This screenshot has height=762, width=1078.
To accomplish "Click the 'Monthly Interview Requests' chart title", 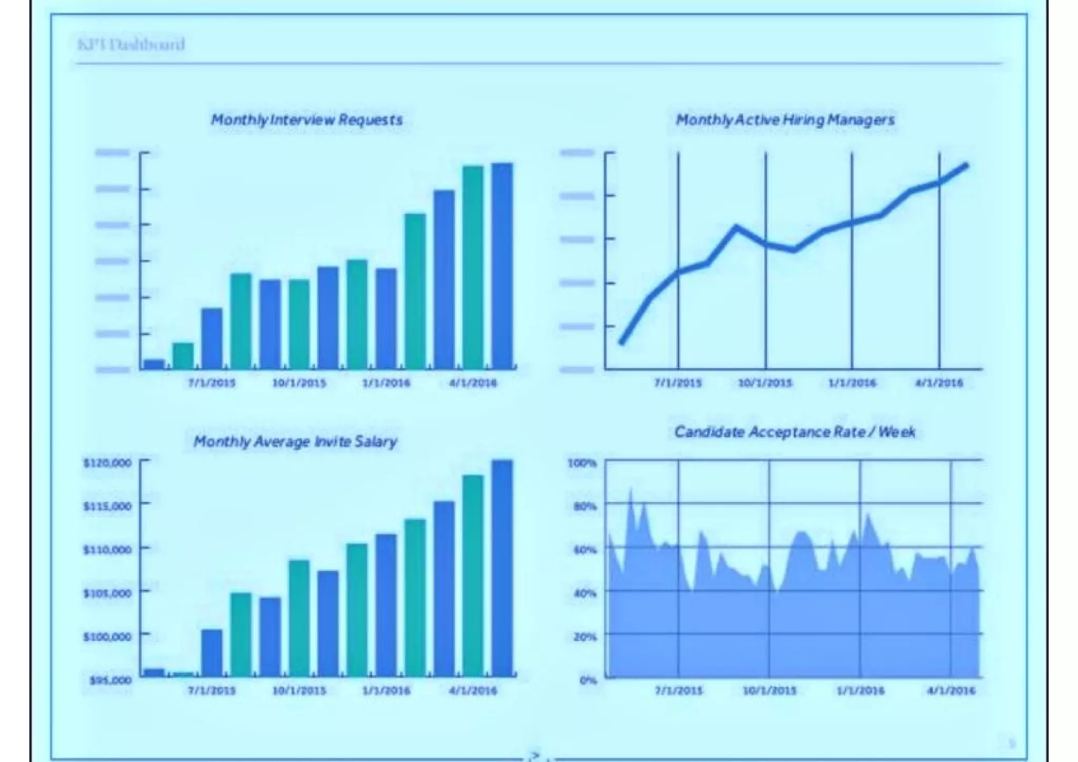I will coord(307,120).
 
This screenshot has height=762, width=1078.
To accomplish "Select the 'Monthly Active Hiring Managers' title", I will coord(785,120).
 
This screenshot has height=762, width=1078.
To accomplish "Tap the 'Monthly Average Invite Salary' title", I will coord(295,441).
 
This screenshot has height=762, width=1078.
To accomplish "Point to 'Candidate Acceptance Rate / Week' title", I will coord(795,432).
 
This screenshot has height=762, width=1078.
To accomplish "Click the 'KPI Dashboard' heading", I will coord(131,44).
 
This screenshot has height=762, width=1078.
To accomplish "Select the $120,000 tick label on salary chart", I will coord(107,463).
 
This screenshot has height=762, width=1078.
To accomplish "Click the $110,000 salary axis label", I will coord(107,550).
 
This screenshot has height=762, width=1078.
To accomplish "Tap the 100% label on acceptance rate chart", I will coord(582,463).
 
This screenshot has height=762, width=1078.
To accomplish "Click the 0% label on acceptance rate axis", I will coord(588,680).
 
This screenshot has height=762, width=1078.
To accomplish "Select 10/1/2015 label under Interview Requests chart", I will coord(299,383).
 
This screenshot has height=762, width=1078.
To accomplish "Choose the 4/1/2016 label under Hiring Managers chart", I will coord(939,383).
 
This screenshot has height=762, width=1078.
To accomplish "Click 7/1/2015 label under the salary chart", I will coord(212,690).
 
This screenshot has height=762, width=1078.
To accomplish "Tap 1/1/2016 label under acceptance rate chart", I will coord(860,690).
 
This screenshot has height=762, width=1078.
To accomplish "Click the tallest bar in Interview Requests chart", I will coord(502,266).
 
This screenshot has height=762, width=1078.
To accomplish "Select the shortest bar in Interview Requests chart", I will coord(154,364).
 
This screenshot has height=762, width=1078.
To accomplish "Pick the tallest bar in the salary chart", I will coord(502,568).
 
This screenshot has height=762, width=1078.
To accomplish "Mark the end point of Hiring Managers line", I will coord(966,166).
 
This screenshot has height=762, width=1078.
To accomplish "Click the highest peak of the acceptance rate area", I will coord(631,490).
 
